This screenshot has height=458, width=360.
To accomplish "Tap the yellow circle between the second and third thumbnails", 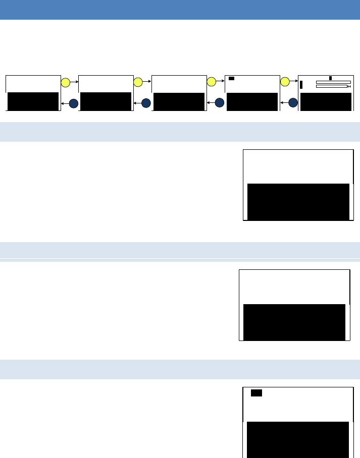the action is tap(138, 82).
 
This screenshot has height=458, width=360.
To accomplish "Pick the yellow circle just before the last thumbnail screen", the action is tap(285, 82).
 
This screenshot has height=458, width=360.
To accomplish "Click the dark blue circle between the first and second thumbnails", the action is tap(74, 103).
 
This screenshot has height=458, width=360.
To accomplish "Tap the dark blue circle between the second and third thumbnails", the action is tap(146, 103).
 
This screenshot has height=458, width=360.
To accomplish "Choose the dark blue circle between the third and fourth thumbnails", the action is tap(219, 103).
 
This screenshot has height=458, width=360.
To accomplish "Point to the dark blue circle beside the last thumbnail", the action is tap(293, 103).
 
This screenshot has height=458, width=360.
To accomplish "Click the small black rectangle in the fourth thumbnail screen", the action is tap(232, 78).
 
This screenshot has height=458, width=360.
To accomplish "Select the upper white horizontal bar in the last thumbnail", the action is tap(333, 82).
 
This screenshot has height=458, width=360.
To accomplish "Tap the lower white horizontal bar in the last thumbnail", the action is tap(332, 86).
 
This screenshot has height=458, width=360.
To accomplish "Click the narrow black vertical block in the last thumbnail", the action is tap(301, 85).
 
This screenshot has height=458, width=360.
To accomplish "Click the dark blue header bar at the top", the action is tap(180, 10).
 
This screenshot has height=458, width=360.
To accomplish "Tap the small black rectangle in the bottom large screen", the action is tap(256, 393).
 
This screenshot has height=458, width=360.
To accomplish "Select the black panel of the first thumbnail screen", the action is tap(33, 101).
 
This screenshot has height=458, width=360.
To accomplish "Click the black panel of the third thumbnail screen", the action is tap(179, 101).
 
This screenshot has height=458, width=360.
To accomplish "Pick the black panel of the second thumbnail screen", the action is tap(106, 101).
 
